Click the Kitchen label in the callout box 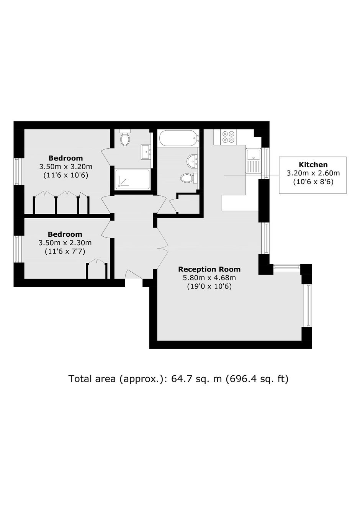313,164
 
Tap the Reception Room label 209,269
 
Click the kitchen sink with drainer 254,161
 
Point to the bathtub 178,138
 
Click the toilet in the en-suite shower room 125,137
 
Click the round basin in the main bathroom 192,161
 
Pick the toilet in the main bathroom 189,178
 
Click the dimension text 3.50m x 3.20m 66,167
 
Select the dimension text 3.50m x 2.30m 65,243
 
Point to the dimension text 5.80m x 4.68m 209,278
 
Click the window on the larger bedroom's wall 18,171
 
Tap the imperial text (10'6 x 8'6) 313,182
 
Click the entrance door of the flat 134,274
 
